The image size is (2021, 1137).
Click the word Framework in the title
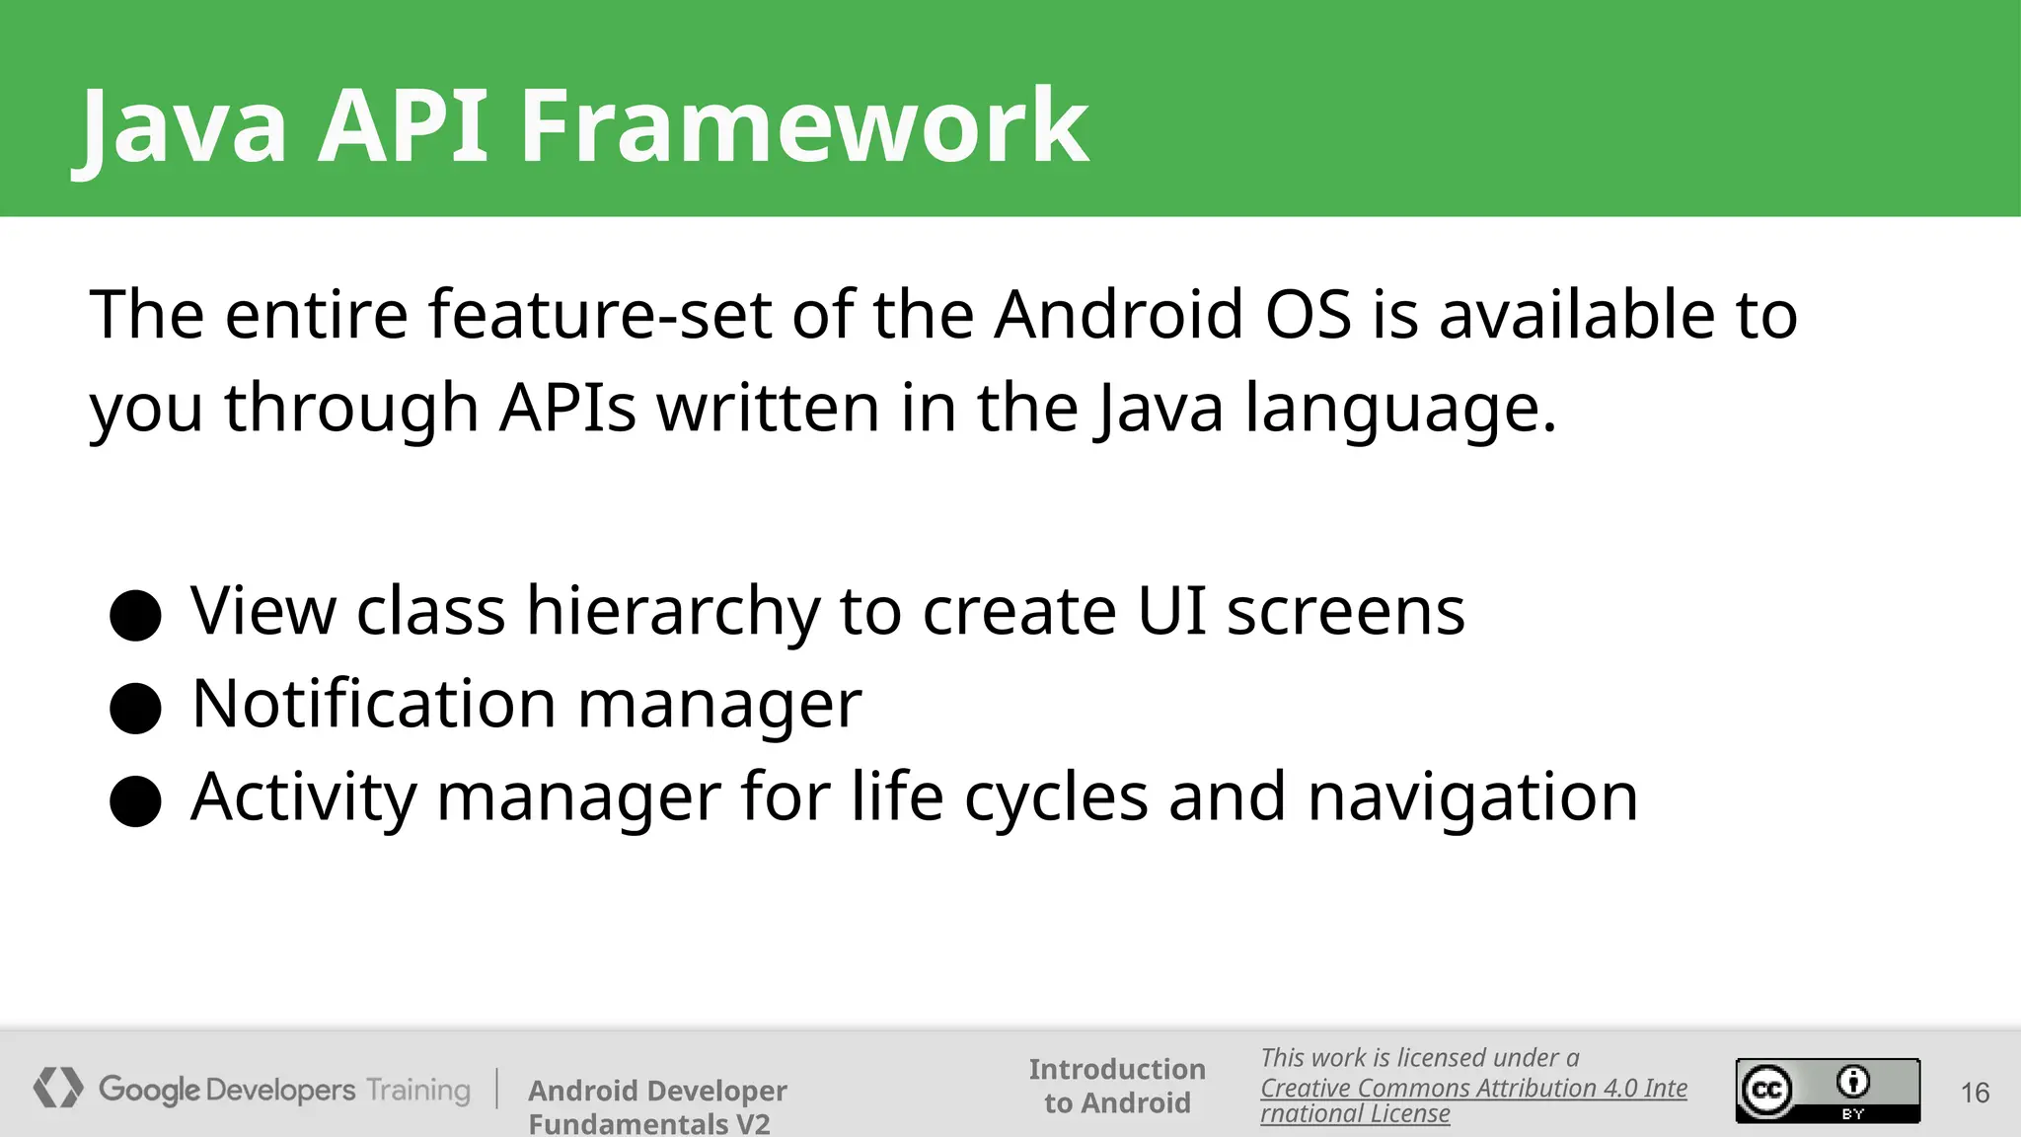coord(803,126)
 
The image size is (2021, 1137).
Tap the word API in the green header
coord(402,126)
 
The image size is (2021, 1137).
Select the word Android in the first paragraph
coord(1118,315)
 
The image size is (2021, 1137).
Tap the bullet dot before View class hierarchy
coord(136,616)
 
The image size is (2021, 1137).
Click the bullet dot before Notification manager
coord(136,708)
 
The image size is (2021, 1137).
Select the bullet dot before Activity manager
coord(136,800)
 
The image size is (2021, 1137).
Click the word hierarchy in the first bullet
coord(672,612)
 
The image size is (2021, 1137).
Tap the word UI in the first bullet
coord(1171,611)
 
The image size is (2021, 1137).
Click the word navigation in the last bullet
coord(1472,797)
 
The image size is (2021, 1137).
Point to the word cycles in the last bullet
coord(1056,797)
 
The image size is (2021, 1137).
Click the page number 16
coord(1975,1093)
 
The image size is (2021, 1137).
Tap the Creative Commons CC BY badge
coord(1828,1091)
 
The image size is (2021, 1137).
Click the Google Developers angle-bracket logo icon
coord(58,1088)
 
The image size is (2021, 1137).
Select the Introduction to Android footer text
coord(1117,1086)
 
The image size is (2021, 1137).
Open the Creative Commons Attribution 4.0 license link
coord(1472,1089)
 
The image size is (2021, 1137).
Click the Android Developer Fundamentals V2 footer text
coord(657,1106)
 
